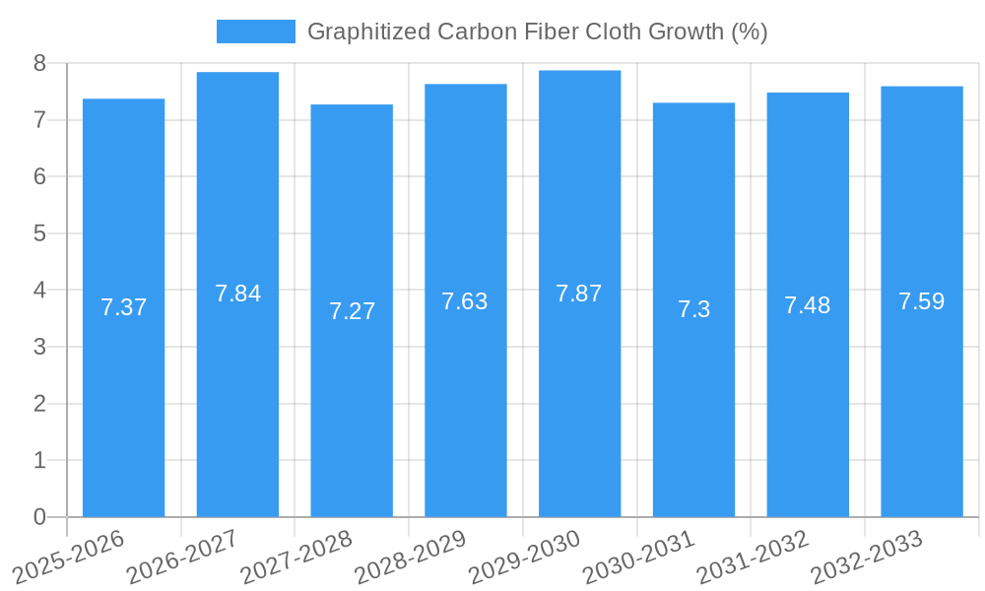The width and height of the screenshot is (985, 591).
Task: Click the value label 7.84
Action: [237, 294]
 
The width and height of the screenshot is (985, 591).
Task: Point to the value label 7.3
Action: [693, 309]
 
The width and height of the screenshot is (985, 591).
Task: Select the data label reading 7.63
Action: [465, 301]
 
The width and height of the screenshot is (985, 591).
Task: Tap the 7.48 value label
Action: [807, 305]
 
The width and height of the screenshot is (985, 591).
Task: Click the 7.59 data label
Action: [921, 301]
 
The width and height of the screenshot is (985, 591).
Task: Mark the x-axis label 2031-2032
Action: [753, 557]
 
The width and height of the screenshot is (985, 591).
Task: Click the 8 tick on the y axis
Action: [39, 63]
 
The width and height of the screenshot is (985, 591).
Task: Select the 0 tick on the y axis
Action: [39, 517]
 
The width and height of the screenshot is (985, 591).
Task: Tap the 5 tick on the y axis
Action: [39, 233]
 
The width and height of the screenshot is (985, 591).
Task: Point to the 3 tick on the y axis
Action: [39, 347]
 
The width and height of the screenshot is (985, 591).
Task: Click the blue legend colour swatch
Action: [255, 32]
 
